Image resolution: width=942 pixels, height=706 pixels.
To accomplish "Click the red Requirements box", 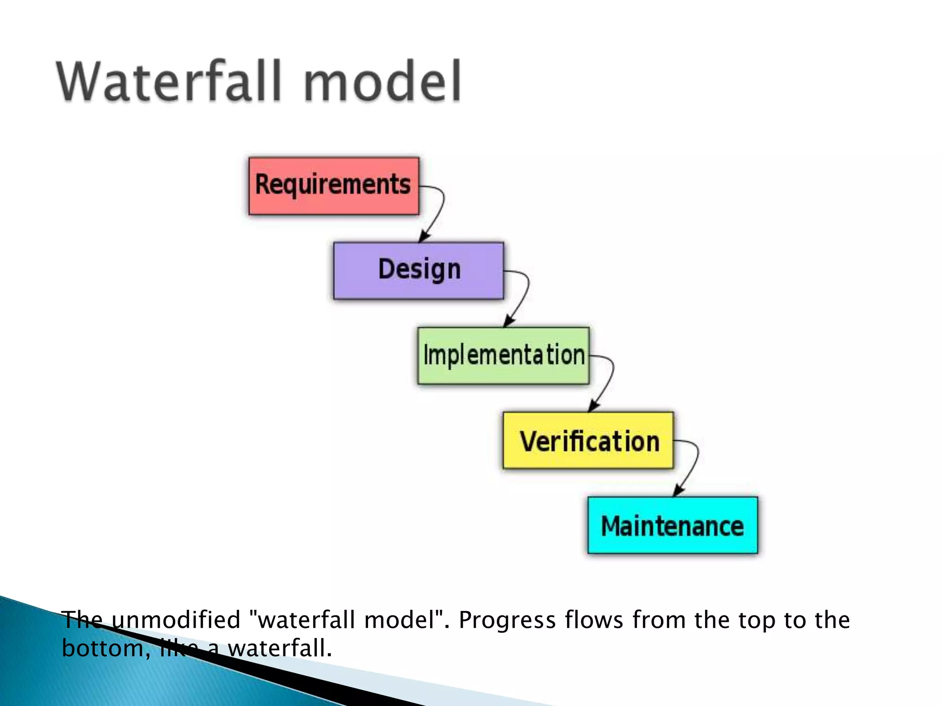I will (333, 186).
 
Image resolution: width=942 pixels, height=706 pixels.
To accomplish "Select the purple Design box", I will (419, 271).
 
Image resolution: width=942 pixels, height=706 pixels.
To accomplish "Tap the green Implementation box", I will (503, 355).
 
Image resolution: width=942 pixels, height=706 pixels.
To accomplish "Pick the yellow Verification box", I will (588, 440).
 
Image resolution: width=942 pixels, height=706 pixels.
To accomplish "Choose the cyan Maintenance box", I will (672, 525).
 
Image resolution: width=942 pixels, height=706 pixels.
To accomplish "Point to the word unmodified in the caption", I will (176, 620).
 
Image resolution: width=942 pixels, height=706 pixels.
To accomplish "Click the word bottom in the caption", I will (103, 648).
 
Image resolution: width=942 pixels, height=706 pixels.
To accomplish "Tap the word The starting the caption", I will (82, 620).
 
